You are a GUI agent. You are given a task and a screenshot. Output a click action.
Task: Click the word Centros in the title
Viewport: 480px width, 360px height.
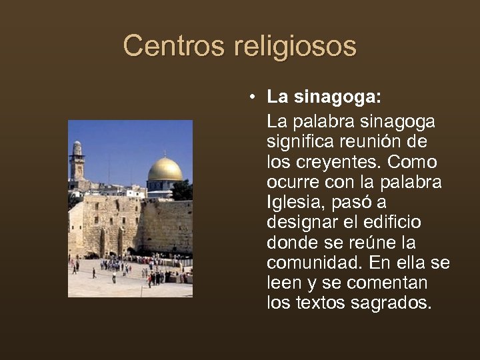[175, 46]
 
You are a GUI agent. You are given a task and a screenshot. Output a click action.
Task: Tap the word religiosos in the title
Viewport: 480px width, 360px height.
[295, 47]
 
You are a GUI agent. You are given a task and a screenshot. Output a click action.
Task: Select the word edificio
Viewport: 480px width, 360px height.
[396, 223]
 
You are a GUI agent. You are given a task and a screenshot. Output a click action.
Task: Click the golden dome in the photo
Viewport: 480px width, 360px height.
[165, 170]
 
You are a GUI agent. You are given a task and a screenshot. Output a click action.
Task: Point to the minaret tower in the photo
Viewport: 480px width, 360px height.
[77, 162]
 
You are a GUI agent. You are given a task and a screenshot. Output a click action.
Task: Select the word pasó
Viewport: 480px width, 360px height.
[357, 203]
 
